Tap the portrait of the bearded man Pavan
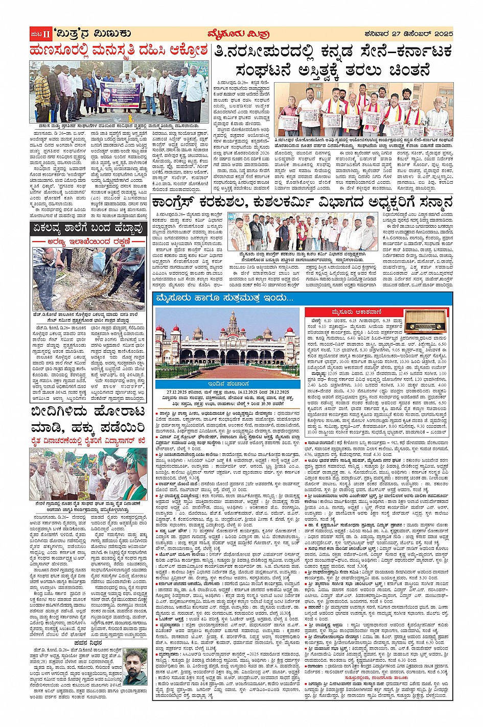tap(134, 667)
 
